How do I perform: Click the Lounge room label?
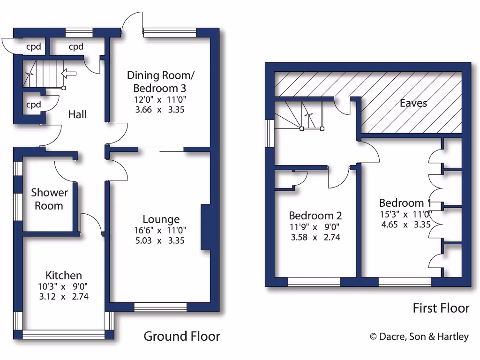pyautogui.click(x=161, y=219)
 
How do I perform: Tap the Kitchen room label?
pyautogui.click(x=64, y=275)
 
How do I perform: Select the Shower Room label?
pyautogui.click(x=49, y=199)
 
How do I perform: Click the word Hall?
pyautogui.click(x=77, y=114)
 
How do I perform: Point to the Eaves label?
pyautogui.click(x=413, y=103)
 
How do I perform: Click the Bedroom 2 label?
pyautogui.click(x=315, y=216)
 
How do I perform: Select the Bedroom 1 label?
pyautogui.click(x=405, y=203)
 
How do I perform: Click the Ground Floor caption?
pyautogui.click(x=181, y=336)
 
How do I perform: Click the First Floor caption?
pyautogui.click(x=440, y=308)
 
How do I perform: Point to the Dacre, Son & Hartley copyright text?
pyautogui.click(x=419, y=336)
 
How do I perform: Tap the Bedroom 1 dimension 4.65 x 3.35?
pyautogui.click(x=405, y=224)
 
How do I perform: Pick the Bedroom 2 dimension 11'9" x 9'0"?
pyautogui.click(x=315, y=227)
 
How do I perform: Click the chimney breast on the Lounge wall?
pyautogui.click(x=205, y=227)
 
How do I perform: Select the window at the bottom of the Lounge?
pyautogui.click(x=160, y=307)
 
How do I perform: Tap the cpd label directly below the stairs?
pyautogui.click(x=33, y=105)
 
